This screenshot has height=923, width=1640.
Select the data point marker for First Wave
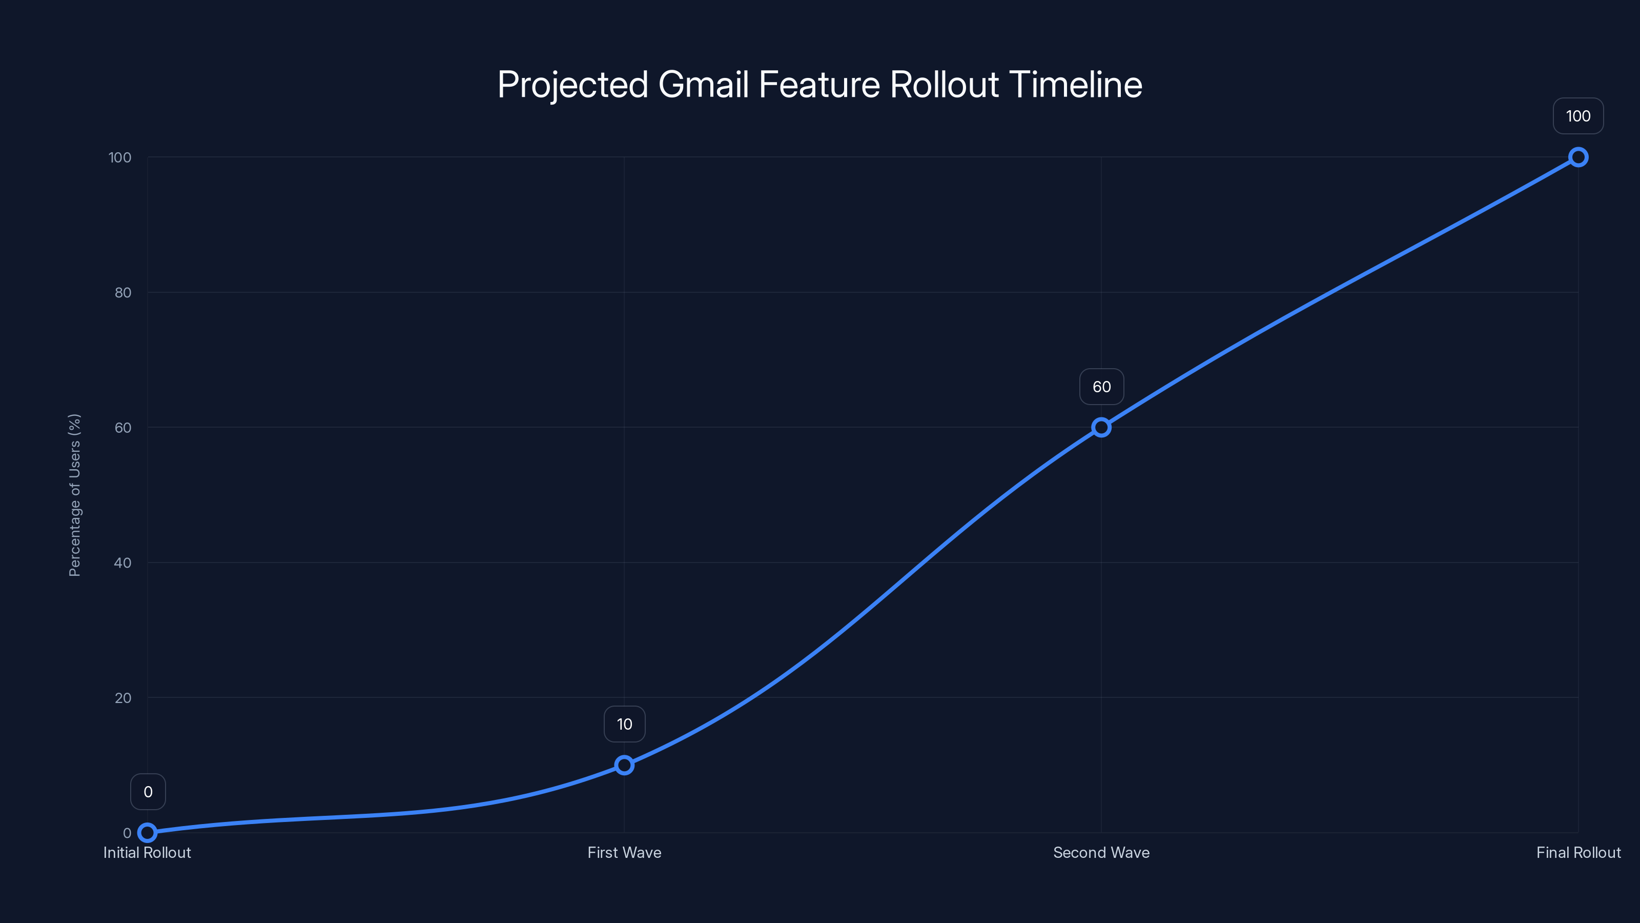tap(624, 765)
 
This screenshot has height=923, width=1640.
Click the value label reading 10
tap(624, 724)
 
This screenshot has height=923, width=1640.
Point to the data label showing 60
tap(1101, 387)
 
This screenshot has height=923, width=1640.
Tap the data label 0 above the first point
tap(148, 792)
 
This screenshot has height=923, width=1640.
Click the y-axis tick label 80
tap(123, 292)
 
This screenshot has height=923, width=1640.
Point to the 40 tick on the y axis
tap(123, 563)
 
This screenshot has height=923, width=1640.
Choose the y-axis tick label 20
tap(123, 697)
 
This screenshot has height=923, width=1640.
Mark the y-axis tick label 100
tap(120, 157)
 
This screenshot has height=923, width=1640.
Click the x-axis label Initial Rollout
tap(147, 852)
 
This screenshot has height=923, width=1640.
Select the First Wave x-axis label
tap(624, 852)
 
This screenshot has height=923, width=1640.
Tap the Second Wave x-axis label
tap(1101, 852)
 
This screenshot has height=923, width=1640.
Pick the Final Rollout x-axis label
tap(1578, 852)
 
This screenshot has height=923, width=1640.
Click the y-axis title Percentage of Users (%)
tap(74, 495)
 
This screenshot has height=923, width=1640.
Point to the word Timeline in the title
tap(1075, 85)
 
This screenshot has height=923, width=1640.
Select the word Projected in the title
tap(572, 85)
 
